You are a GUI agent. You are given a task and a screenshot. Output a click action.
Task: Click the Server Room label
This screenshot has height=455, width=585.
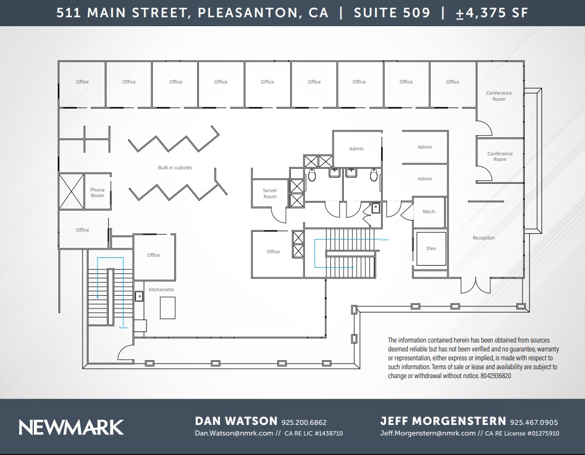(x=270, y=194)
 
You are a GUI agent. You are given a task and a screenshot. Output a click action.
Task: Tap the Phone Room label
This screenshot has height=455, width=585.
(x=97, y=193)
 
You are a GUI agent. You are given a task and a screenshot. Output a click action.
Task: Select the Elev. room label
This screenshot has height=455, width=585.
(x=431, y=248)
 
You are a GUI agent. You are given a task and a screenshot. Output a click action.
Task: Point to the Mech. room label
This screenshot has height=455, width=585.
(x=429, y=212)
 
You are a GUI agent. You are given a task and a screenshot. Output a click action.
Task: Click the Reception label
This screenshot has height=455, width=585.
(x=484, y=238)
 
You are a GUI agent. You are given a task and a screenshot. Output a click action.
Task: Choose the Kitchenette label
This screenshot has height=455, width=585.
(x=161, y=290)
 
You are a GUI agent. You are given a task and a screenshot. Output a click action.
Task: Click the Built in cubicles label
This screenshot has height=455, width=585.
(x=175, y=168)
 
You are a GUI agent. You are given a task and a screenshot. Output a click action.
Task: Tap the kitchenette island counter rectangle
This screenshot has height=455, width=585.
(x=168, y=307)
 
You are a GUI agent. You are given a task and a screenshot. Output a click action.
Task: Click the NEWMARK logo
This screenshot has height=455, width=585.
(x=71, y=427)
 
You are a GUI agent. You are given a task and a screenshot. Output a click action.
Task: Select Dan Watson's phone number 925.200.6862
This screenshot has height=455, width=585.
(x=304, y=422)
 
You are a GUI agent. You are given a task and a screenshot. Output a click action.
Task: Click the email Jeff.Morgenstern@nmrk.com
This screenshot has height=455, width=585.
(x=428, y=433)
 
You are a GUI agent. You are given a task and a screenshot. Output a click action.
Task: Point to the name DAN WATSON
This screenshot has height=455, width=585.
(x=236, y=421)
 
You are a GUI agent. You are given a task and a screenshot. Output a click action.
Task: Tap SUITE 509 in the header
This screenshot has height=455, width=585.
(x=392, y=13)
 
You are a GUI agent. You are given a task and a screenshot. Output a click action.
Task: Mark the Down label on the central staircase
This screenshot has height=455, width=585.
(x=384, y=239)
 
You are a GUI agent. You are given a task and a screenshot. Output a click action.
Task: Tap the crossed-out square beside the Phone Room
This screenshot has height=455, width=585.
(x=71, y=191)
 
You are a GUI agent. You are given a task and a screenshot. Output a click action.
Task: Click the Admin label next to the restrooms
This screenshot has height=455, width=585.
(x=357, y=149)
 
